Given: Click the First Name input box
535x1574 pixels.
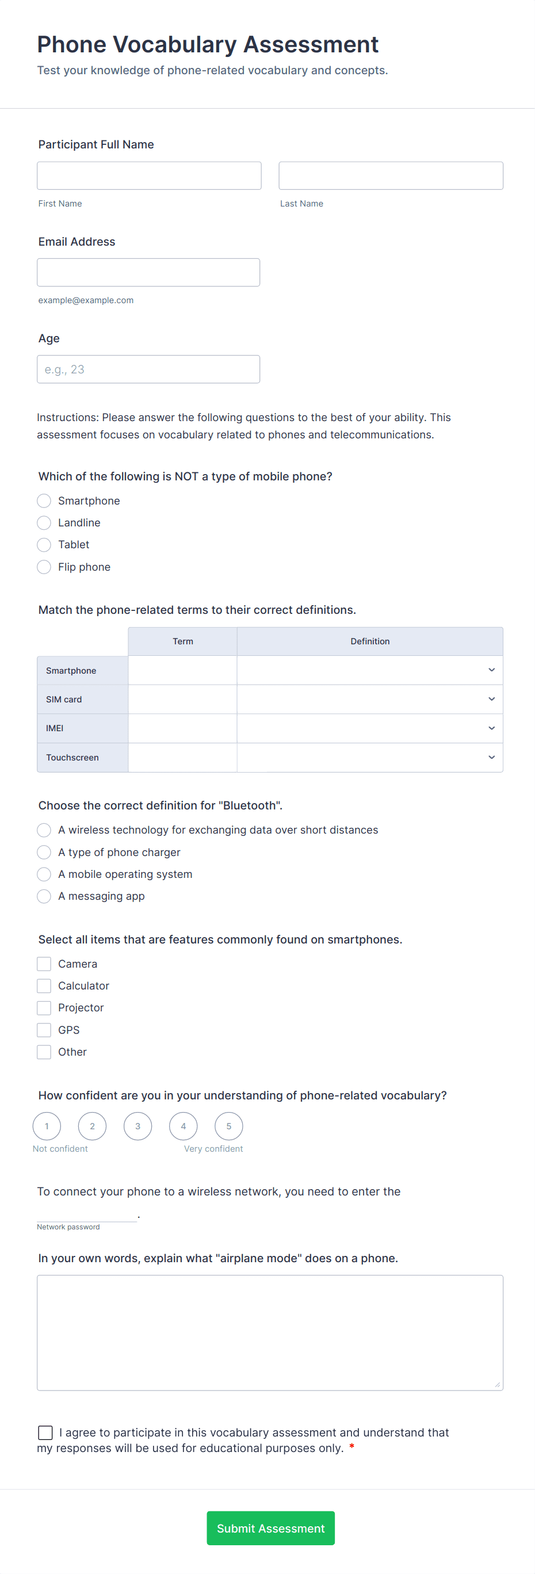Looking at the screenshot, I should pyautogui.click(x=149, y=175).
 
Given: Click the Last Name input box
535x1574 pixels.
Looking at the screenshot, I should pyautogui.click(x=391, y=175).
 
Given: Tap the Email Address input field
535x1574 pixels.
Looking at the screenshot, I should pyautogui.click(x=148, y=273).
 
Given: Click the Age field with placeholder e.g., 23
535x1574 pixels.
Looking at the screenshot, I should pyautogui.click(x=148, y=369).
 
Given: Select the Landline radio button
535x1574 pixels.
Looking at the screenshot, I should pyautogui.click(x=44, y=523).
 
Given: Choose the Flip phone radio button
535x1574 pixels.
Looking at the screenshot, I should pyautogui.click(x=44, y=567).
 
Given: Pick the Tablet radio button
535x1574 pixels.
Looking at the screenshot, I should pyautogui.click(x=44, y=545).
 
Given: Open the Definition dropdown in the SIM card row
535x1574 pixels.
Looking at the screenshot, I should pyautogui.click(x=369, y=699).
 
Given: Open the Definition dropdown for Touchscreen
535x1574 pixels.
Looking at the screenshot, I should pyautogui.click(x=369, y=758).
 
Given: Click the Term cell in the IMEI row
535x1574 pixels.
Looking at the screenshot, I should pyautogui.click(x=182, y=728).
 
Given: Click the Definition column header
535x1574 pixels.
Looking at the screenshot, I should pyautogui.click(x=369, y=641).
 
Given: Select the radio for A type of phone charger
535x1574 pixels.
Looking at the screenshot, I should pyautogui.click(x=44, y=853).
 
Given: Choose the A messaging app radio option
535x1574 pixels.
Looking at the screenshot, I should pyautogui.click(x=44, y=896).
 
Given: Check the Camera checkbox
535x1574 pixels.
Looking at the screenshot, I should pyautogui.click(x=44, y=964).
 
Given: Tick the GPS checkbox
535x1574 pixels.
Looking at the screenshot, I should pyautogui.click(x=44, y=1030).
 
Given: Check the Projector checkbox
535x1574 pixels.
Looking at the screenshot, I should pyautogui.click(x=44, y=1008).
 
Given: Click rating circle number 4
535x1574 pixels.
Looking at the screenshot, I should pyautogui.click(x=183, y=1126).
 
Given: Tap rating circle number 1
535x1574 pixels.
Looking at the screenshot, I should pyautogui.click(x=47, y=1126).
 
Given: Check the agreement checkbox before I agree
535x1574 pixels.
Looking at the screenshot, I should pyautogui.click(x=45, y=1433).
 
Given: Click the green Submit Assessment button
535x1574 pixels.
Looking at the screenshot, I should pyautogui.click(x=270, y=1528).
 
